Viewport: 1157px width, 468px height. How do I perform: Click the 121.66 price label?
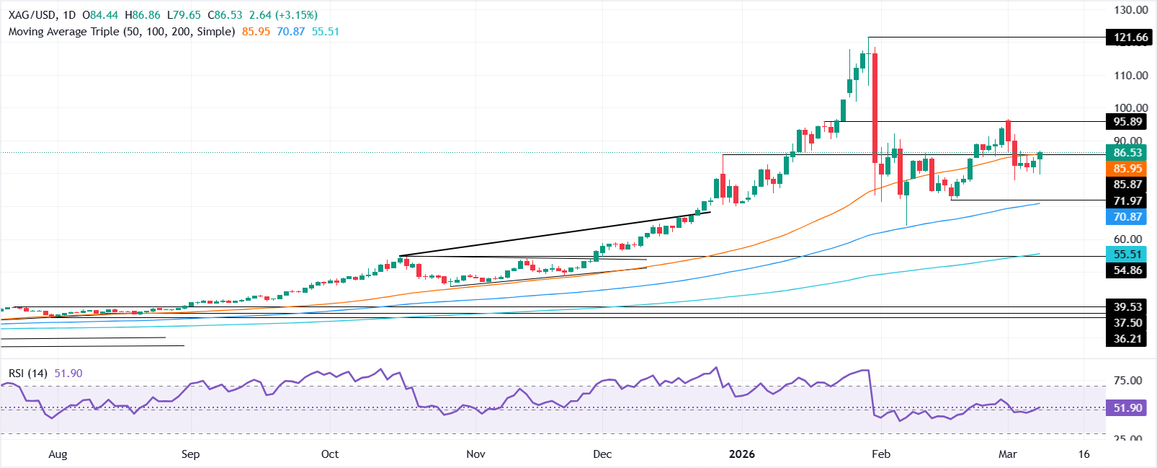click(1127, 37)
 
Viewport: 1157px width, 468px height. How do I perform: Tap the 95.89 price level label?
click(1127, 122)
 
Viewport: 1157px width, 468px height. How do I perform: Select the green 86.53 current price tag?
click(1127, 153)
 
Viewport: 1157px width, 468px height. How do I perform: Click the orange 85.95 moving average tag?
click(1127, 169)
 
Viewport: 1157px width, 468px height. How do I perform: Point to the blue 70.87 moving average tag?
click(1127, 217)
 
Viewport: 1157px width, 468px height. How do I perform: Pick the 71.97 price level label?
click(1127, 201)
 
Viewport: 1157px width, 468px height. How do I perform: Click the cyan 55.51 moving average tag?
click(1127, 255)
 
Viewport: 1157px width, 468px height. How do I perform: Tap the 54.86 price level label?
click(1127, 270)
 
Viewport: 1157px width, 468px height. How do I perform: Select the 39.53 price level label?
click(1127, 307)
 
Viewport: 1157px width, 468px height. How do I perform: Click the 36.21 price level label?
click(1127, 339)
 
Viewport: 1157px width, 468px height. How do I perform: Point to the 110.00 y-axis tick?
click(1130, 75)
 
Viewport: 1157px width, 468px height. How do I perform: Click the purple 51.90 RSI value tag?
click(1127, 408)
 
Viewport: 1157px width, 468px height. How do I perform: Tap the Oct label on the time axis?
click(330, 454)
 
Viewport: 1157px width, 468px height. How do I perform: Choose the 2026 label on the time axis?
click(742, 454)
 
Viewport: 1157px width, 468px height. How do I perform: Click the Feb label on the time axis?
click(881, 454)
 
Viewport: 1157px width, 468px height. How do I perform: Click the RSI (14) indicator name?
click(28, 374)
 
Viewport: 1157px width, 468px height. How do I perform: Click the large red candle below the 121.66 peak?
click(875, 108)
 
